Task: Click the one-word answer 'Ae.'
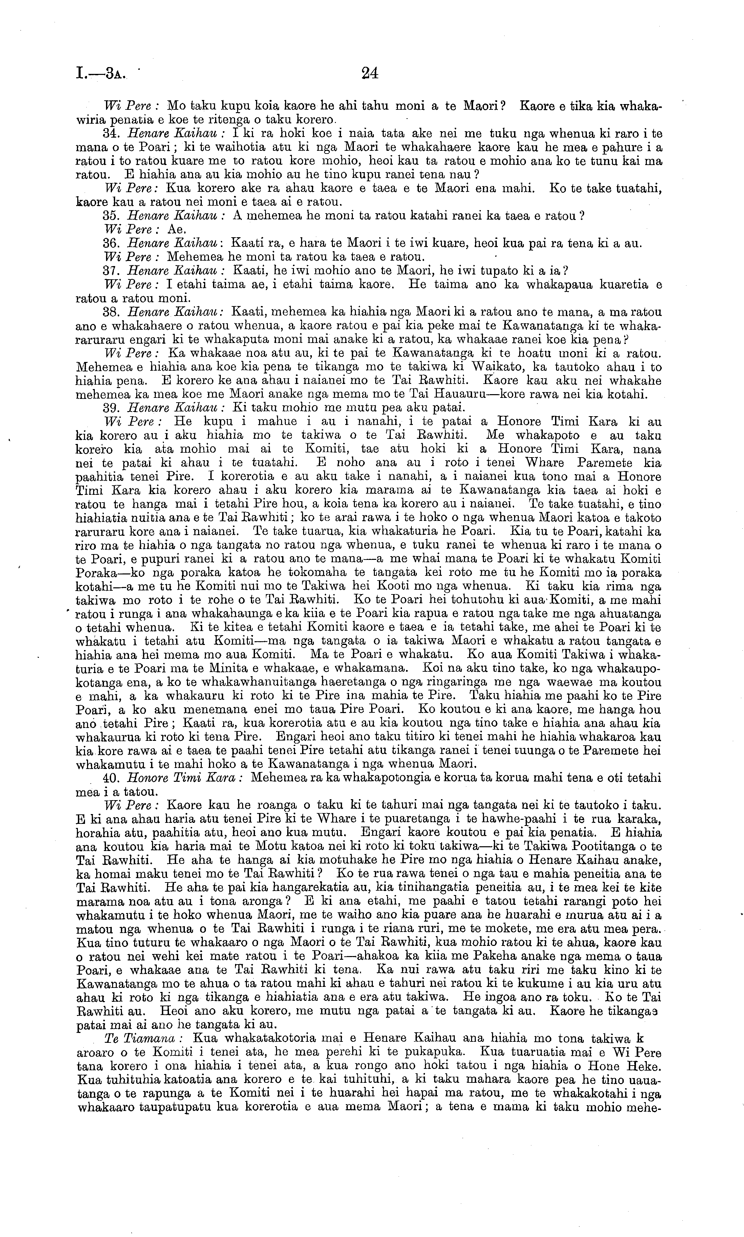pyautogui.click(x=176, y=230)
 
